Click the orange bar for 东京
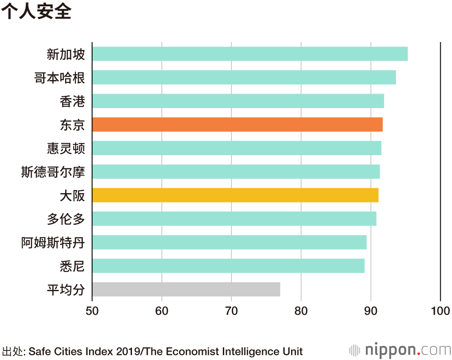pos(237,124)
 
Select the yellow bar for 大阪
pos(235,195)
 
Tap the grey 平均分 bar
pos(186,289)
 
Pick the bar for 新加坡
pos(250,54)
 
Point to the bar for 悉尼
pos(228,265)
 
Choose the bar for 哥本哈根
pos(244,77)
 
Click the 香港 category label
pos(72,101)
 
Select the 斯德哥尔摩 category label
pos(53,172)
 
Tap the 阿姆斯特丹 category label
pos(53,242)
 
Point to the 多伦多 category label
pos(66,219)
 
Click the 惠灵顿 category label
pos(66,148)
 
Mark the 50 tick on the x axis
pos(92,311)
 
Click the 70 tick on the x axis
pos(231,311)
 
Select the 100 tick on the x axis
pos(440,311)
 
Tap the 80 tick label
pos(301,311)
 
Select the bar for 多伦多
pos(234,218)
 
